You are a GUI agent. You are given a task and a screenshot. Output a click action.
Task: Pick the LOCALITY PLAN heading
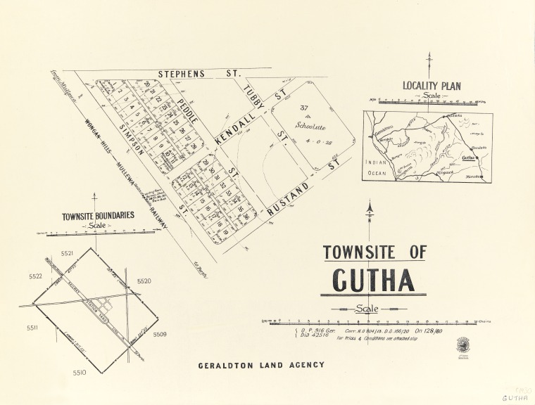click(x=432, y=86)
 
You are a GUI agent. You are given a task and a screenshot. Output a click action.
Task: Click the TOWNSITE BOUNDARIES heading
click(x=97, y=216)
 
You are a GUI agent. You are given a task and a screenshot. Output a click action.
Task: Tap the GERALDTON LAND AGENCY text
click(x=261, y=365)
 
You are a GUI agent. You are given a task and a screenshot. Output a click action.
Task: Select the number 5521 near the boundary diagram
click(x=68, y=252)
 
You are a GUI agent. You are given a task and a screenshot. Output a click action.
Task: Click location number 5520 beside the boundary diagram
click(x=144, y=281)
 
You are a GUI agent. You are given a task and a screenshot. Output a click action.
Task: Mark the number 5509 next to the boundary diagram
click(x=159, y=334)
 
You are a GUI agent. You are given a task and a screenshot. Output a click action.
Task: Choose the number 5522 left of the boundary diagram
click(x=36, y=277)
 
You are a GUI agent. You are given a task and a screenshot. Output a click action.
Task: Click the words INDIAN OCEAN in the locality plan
click(x=378, y=166)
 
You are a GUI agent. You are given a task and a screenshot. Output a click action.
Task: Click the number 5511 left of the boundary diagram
click(x=33, y=328)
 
